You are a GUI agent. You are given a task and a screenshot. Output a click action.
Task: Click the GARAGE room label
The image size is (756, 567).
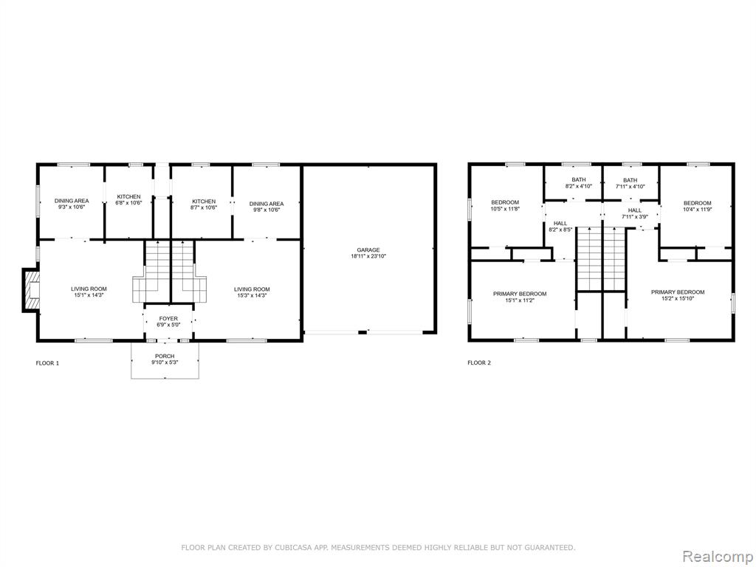coord(368,250)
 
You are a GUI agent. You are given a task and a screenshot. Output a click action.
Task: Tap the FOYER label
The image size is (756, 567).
coord(168,319)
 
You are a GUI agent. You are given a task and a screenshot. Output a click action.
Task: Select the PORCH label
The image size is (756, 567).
coord(165,357)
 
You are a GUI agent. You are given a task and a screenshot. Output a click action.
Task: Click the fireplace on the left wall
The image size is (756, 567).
coord(30,290)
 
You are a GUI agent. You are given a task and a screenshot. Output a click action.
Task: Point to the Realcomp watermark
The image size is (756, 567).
coord(717,556)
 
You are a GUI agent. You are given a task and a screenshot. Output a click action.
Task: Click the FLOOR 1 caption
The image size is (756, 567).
coord(47,363)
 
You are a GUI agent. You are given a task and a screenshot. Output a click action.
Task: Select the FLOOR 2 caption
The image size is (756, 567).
coord(478,363)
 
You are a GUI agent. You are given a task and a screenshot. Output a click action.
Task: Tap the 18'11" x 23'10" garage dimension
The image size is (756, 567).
coord(368,256)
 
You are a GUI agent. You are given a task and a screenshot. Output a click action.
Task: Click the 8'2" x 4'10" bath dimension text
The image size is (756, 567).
coord(579,186)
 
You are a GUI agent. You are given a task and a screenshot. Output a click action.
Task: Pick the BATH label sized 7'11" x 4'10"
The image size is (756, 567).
coord(630,180)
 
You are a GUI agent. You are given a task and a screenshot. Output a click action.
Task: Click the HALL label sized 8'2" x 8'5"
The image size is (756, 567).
coord(560,223)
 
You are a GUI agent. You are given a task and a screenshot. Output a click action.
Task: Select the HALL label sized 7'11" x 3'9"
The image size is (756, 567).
coord(635,210)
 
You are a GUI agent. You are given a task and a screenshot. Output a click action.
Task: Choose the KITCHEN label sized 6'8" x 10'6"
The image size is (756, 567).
coord(128,196)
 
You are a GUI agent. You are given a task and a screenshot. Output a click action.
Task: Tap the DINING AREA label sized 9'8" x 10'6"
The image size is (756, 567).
coord(266,204)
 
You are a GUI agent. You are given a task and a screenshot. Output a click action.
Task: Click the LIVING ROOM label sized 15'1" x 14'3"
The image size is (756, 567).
coord(89,289)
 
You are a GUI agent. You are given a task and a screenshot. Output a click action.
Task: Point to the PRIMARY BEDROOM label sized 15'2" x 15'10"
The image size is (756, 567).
coord(678,292)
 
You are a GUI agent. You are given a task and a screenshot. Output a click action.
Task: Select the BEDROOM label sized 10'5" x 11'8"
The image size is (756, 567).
coord(505,202)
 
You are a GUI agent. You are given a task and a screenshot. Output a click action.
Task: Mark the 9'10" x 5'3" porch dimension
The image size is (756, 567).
coord(165,362)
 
